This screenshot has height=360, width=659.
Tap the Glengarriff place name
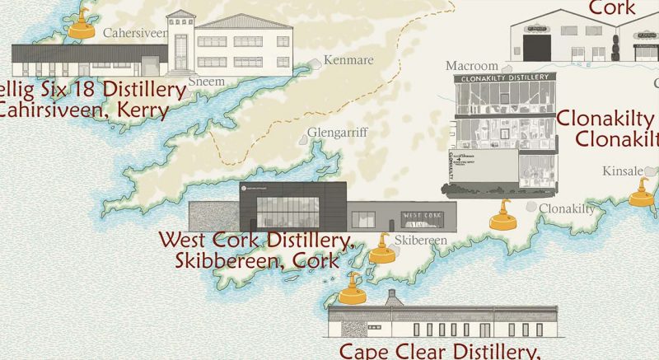(337, 132)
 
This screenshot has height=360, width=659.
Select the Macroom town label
(472, 65)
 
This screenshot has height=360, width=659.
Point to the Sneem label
(207, 82)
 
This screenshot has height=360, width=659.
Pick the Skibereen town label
(420, 240)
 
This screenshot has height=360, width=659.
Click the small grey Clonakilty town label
(566, 209)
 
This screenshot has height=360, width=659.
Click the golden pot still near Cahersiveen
(82, 25)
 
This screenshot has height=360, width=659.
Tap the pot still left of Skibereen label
(381, 250)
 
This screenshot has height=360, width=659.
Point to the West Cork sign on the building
(422, 216)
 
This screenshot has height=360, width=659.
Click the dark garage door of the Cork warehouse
(536, 46)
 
